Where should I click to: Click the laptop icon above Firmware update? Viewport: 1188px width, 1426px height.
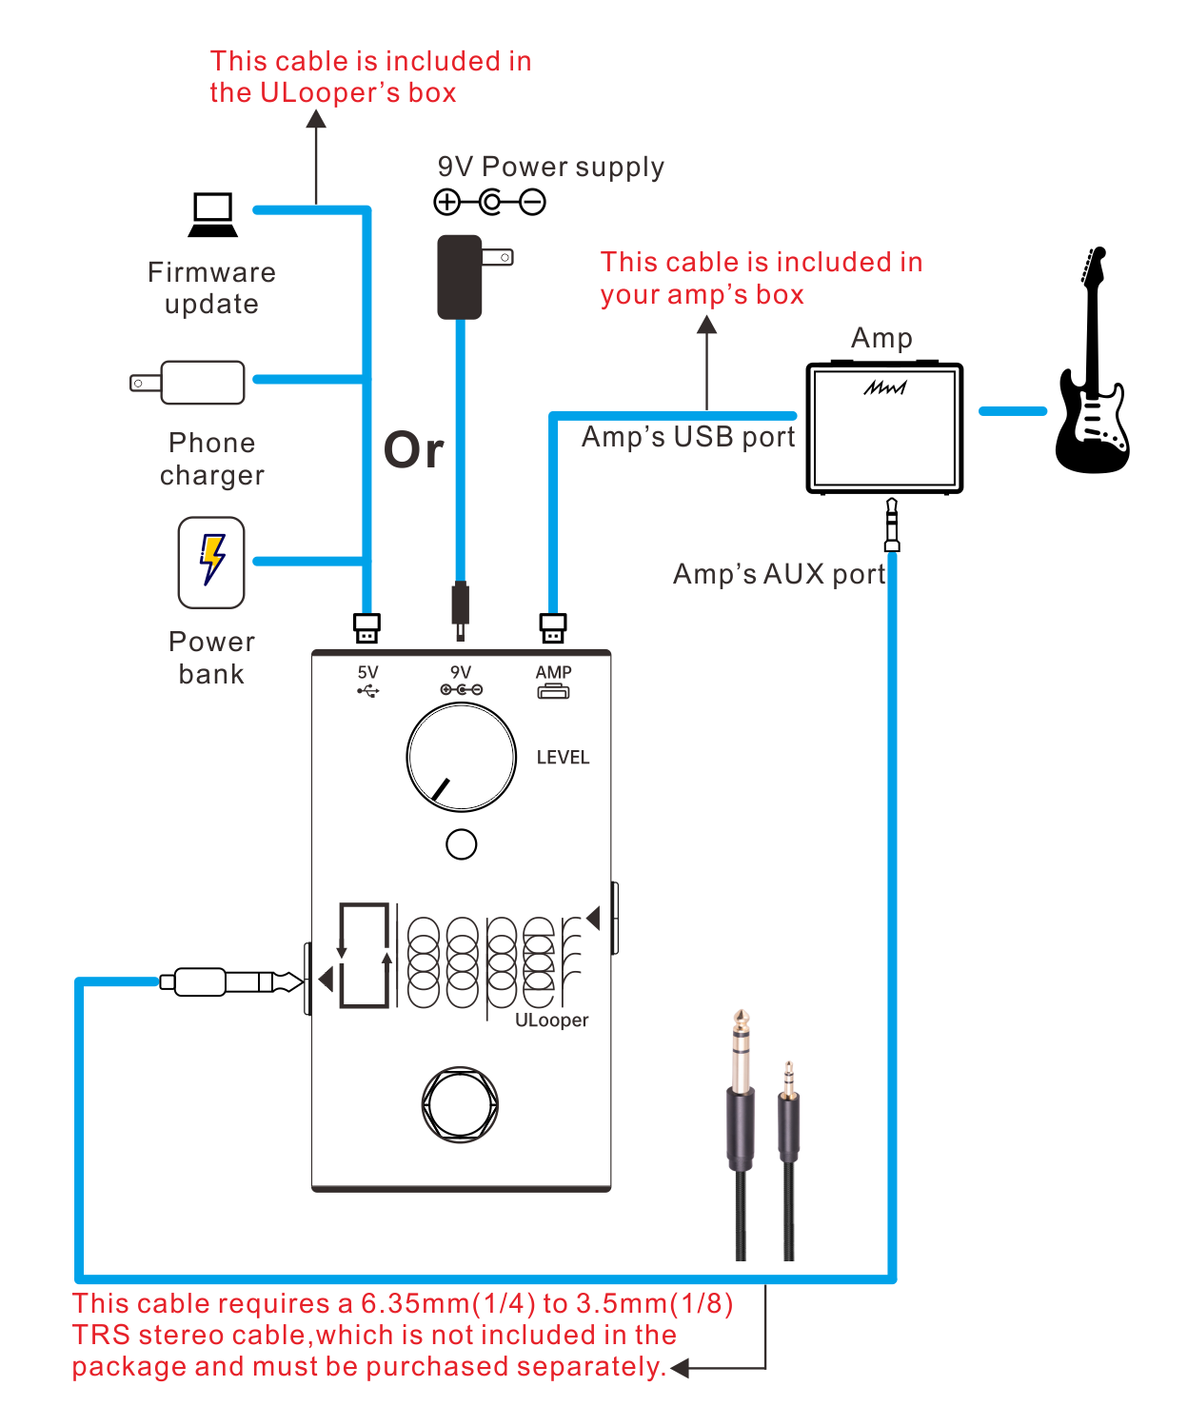(x=212, y=215)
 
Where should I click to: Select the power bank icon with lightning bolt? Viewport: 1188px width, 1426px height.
(x=211, y=562)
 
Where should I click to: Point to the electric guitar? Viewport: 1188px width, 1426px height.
(x=1093, y=371)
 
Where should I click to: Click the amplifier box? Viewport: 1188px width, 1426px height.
(x=884, y=427)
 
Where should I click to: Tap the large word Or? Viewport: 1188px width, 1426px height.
(x=413, y=449)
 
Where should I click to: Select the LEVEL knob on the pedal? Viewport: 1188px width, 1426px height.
(x=462, y=758)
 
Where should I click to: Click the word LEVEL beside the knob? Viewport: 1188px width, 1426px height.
(x=563, y=758)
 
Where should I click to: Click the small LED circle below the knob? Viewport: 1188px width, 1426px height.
(x=462, y=844)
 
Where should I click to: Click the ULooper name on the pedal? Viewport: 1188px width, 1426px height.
(x=551, y=1020)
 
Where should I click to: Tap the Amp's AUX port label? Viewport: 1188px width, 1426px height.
(x=779, y=574)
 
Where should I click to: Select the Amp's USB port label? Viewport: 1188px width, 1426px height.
(x=688, y=437)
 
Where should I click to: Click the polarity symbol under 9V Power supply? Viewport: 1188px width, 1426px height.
(x=489, y=202)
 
